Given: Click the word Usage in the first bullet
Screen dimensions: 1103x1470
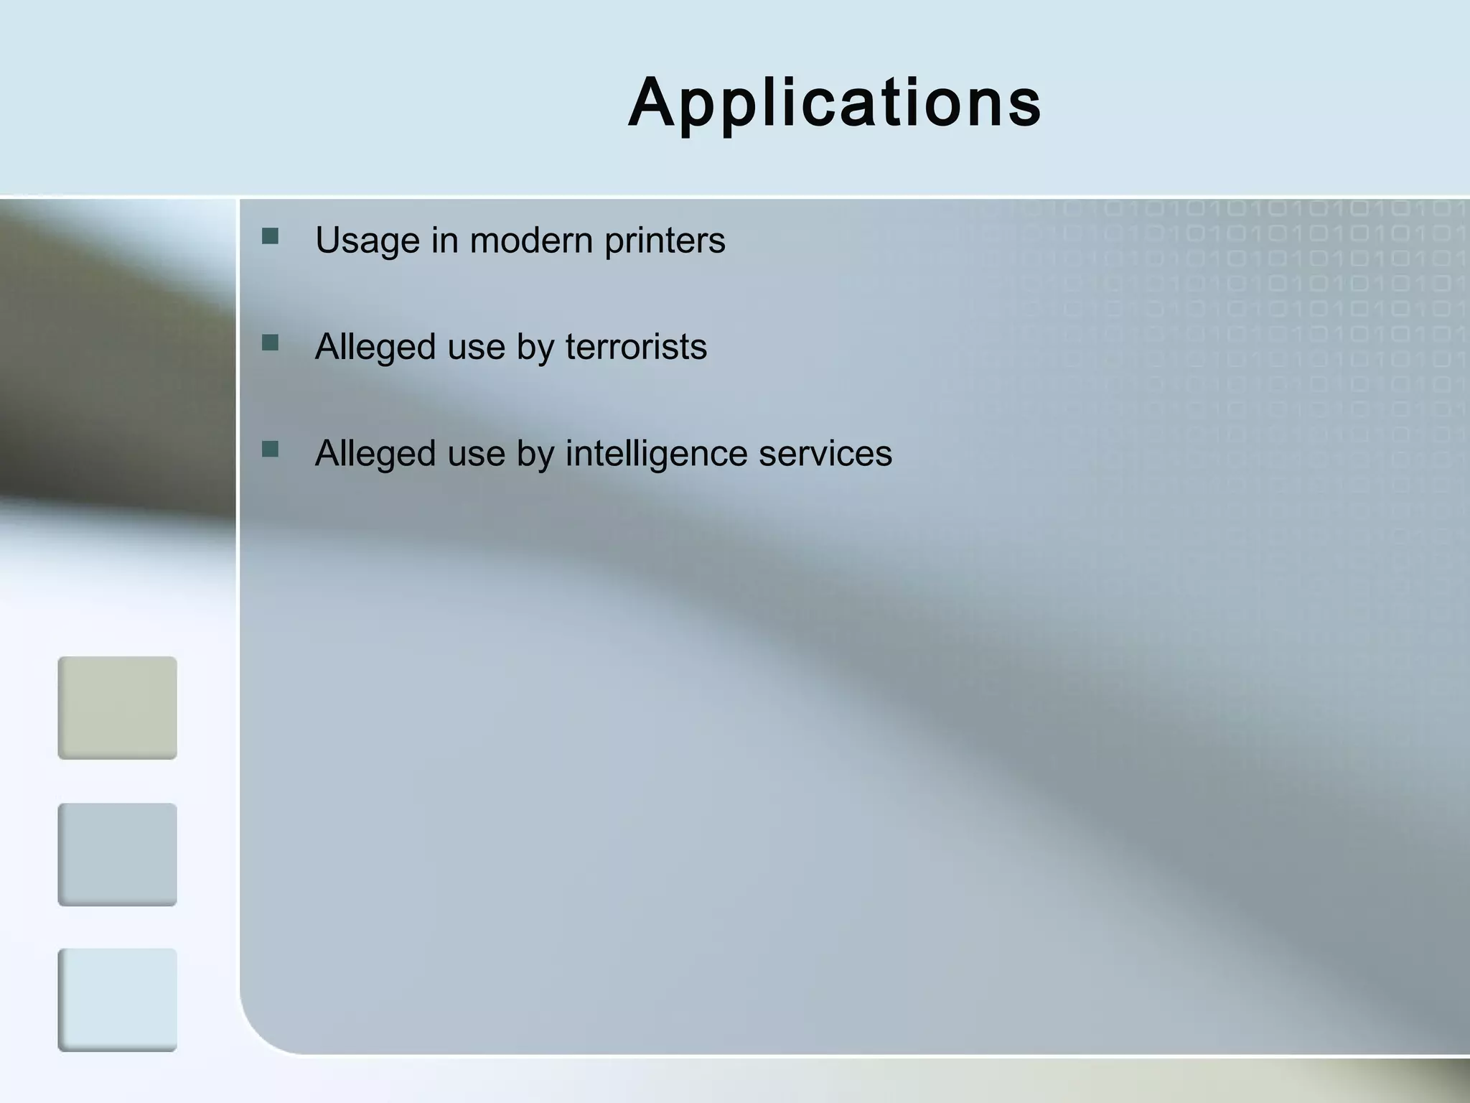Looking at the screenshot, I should tap(367, 241).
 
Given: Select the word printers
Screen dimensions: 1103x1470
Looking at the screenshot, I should tap(665, 241).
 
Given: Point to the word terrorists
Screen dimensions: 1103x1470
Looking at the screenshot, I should tap(636, 347).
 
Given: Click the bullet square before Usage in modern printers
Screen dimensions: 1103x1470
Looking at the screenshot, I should tap(271, 236).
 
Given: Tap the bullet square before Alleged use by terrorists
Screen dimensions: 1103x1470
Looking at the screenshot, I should tap(271, 343).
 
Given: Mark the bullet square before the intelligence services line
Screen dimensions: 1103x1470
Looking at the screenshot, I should tap(271, 450).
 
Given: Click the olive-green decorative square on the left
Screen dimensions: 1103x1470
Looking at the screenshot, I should tap(117, 707).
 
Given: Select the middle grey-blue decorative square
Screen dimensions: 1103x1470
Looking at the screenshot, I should tap(117, 854).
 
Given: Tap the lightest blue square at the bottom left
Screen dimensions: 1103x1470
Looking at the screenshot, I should tap(117, 1000).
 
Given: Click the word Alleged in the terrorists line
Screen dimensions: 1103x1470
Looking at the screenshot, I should tap(375, 348).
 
